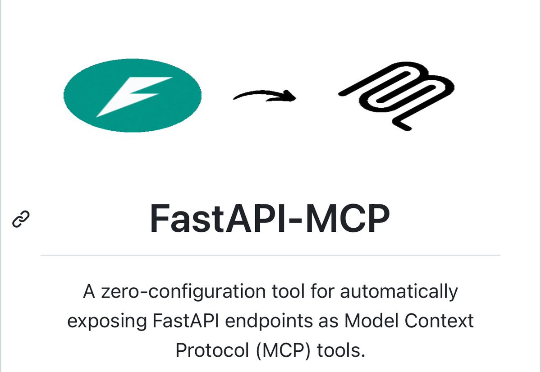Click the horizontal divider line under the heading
click(x=270, y=255)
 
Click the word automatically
click(x=399, y=292)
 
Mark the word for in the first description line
click(x=321, y=292)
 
